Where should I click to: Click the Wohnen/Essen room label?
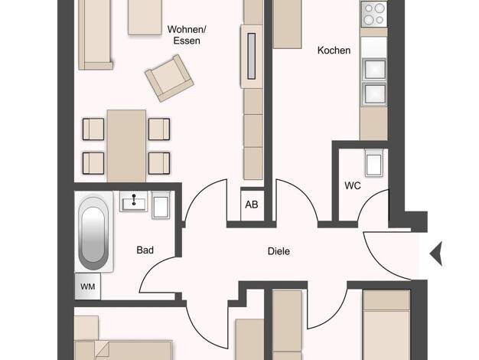tap(187, 35)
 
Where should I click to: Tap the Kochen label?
tap(334, 50)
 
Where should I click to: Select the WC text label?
tap(353, 185)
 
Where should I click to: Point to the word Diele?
tap(279, 251)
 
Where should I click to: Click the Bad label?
tap(145, 250)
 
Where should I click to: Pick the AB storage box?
tap(252, 205)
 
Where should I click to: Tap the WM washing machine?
tap(88, 286)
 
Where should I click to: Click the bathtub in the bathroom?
tap(93, 233)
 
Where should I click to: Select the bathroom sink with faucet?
tap(133, 201)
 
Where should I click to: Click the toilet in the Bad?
tap(161, 205)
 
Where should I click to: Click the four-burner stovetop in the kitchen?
tap(374, 14)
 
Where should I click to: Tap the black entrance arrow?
tap(436, 254)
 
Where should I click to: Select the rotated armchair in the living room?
tap(169, 78)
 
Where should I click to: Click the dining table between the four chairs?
tap(126, 146)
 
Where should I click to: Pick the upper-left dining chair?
tap(93, 129)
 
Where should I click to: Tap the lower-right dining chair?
tap(159, 163)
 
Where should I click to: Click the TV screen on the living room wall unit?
tap(252, 56)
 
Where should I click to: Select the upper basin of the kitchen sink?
tap(374, 69)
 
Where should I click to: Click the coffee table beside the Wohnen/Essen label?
tap(145, 17)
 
